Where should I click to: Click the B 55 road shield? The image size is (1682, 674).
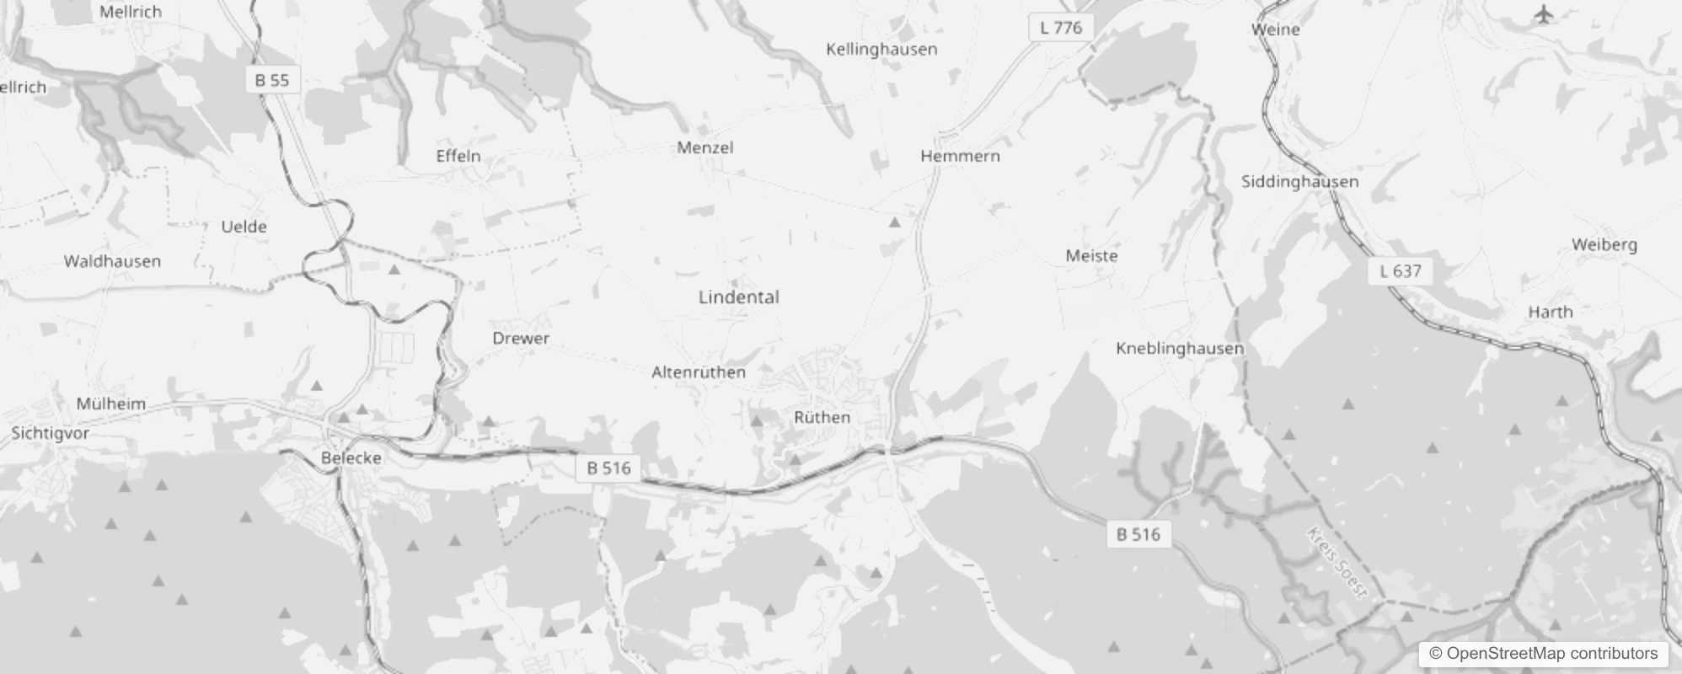(272, 80)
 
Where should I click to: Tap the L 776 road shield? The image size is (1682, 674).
(1061, 28)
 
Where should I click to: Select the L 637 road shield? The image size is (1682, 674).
(1401, 271)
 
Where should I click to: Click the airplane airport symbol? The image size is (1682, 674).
(1543, 14)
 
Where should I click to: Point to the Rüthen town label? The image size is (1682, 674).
(822, 417)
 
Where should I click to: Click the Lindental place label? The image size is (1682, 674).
(738, 297)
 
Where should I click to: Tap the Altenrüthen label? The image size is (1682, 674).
(699, 372)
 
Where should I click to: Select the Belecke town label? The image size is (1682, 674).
(351, 458)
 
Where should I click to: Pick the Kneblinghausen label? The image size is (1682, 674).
(1179, 348)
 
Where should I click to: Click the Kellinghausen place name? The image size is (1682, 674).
(881, 49)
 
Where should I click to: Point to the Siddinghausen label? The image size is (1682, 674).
(1299, 181)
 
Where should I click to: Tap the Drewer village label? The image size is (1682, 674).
(521, 338)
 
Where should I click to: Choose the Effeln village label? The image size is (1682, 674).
(458, 156)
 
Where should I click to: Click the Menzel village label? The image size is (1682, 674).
(705, 147)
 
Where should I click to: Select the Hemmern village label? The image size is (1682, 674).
(960, 156)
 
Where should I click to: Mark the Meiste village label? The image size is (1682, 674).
(1091, 255)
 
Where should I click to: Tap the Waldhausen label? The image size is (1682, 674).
(112, 261)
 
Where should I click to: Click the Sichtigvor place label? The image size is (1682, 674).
(50, 433)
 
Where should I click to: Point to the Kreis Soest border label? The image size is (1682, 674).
(1336, 562)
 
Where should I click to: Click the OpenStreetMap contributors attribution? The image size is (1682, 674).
(1543, 654)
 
